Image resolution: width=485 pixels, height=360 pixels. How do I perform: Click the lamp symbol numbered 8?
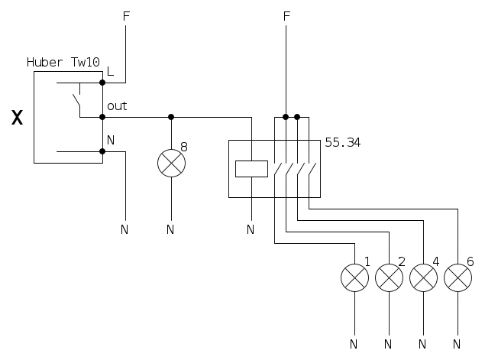tap(171, 163)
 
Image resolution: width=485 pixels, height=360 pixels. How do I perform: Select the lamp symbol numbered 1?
tap(354, 277)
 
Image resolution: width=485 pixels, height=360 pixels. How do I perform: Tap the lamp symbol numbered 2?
tap(389, 277)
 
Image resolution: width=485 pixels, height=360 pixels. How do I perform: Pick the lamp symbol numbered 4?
tap(422, 277)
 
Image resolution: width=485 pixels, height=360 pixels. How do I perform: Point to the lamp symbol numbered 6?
tap(457, 277)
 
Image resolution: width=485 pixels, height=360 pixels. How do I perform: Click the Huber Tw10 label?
tap(63, 62)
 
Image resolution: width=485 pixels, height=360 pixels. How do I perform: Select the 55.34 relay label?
tap(342, 141)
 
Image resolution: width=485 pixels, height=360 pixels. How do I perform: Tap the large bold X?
tap(17, 118)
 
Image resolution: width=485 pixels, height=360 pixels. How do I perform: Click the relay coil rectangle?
tap(251, 168)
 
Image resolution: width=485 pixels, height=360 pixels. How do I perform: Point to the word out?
tap(117, 106)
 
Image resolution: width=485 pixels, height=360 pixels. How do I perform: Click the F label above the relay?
tap(286, 15)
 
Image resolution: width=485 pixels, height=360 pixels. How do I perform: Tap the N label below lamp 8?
tap(170, 229)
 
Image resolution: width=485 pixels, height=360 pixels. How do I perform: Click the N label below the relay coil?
tap(251, 229)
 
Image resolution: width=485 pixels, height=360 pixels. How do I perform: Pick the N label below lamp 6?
tap(457, 341)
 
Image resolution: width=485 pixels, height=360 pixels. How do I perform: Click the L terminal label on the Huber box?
tap(111, 72)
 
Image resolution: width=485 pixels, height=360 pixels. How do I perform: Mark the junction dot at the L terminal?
tap(102, 82)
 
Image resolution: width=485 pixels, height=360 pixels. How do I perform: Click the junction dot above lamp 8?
tap(171, 117)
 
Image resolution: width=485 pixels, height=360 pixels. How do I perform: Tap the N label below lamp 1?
tap(354, 341)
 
